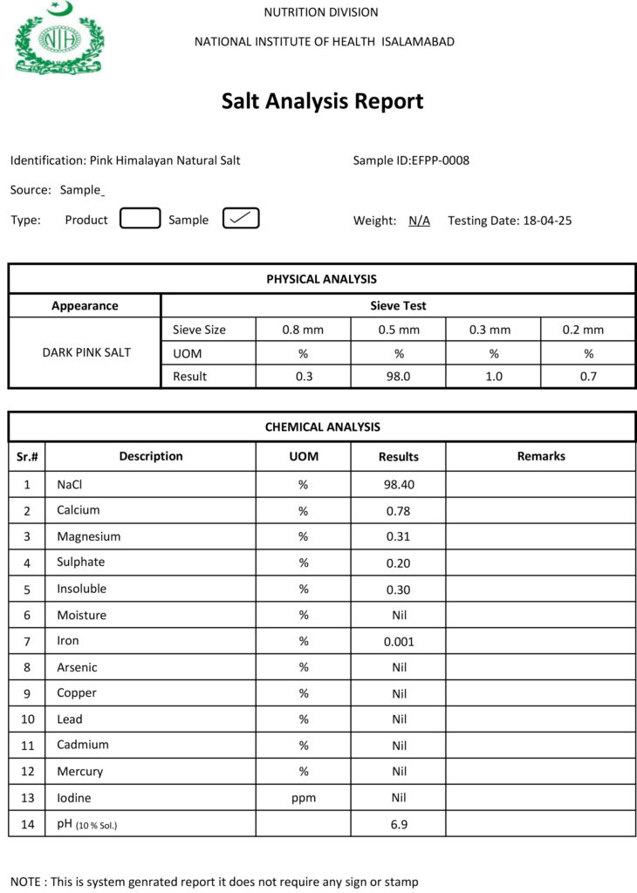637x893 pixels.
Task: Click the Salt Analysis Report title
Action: [322, 101]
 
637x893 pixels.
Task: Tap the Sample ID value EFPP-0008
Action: [441, 160]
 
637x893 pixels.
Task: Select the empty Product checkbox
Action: [140, 219]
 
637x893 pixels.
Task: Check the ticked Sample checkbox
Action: [241, 219]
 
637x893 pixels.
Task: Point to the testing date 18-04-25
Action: [547, 221]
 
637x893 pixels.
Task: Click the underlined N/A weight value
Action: [419, 221]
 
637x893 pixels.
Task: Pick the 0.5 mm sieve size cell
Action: [398, 330]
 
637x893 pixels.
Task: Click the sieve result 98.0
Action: [398, 376]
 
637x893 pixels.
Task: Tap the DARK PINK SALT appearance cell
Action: [86, 352]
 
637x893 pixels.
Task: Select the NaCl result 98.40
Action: [398, 484]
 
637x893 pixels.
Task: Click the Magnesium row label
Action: [89, 536]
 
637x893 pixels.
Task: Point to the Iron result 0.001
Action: [398, 641]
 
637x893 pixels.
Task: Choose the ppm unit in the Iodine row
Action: [304, 798]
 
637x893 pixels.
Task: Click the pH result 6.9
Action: [398, 824]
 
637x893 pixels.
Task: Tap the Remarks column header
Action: [540, 456]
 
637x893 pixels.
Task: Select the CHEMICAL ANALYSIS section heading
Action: [322, 427]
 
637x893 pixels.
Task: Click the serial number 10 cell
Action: [27, 719]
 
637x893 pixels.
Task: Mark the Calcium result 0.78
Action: [398, 510]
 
